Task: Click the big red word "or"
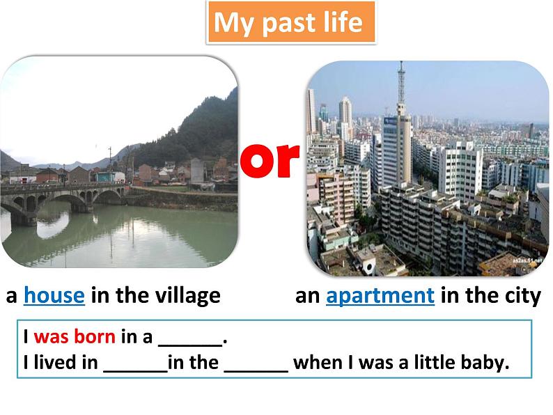point(270,159)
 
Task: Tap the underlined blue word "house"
point(54,296)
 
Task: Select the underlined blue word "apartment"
point(380,296)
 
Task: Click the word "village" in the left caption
point(185,296)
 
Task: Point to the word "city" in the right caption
point(522,296)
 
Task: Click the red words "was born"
point(75,338)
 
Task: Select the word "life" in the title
point(342,23)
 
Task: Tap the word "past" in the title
point(287,24)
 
